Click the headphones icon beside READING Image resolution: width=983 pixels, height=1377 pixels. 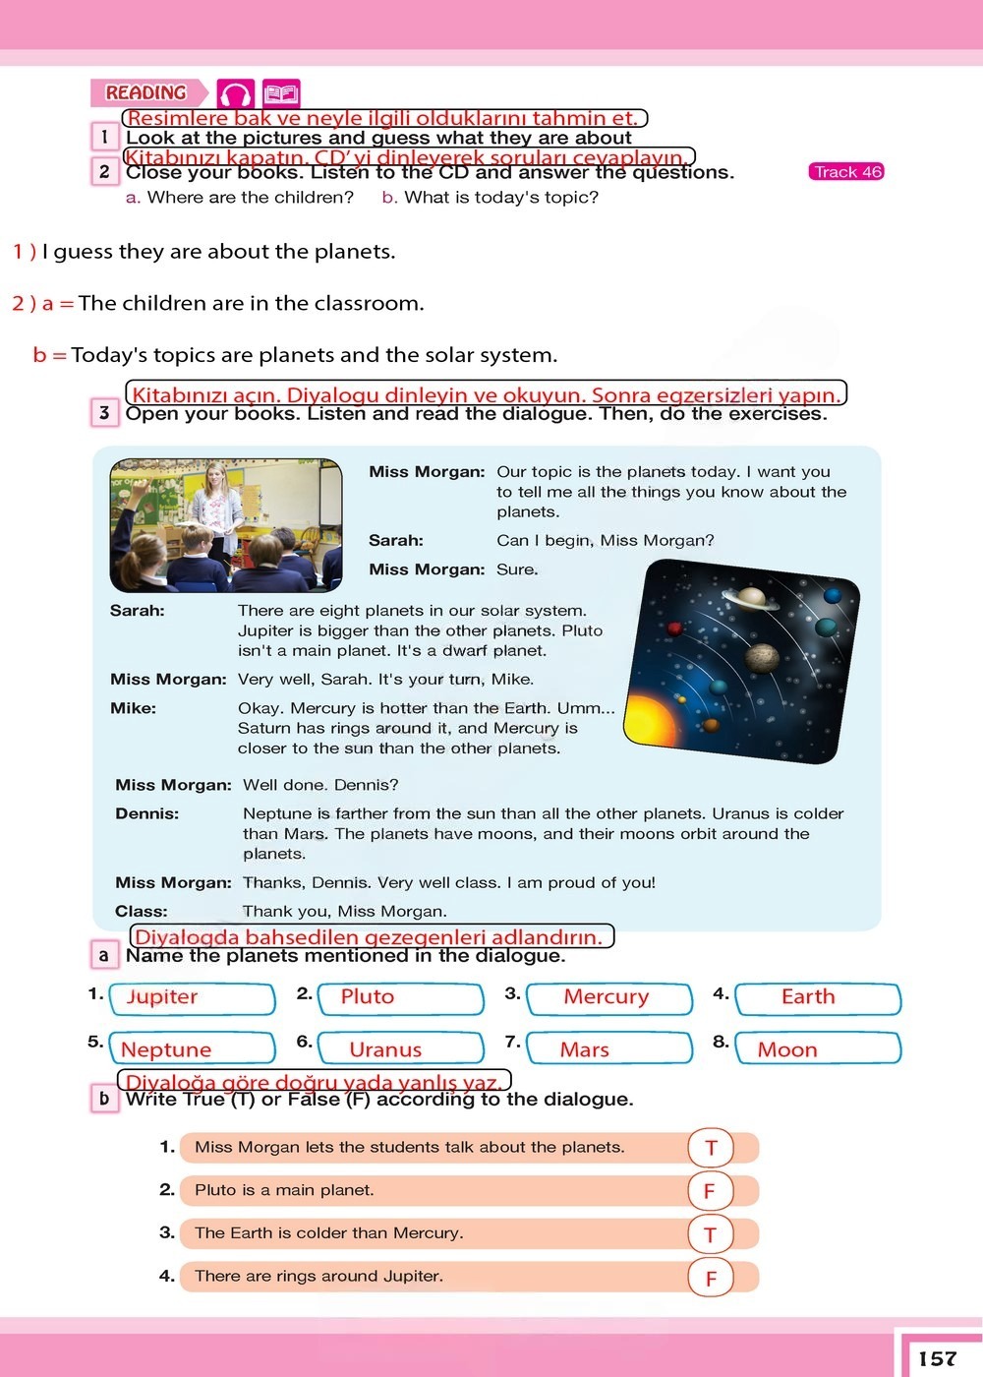tap(235, 93)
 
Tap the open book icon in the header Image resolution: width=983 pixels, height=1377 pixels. tap(281, 93)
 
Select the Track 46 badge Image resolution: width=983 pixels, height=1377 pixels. tap(846, 171)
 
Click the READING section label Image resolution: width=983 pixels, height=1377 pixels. tap(146, 92)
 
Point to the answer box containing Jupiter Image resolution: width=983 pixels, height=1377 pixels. tap(193, 998)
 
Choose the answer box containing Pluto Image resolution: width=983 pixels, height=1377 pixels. tap(401, 998)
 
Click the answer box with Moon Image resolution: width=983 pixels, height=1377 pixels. tap(818, 1048)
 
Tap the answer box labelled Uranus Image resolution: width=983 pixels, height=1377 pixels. tap(401, 1048)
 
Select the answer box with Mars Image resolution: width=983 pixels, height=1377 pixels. tap(609, 1048)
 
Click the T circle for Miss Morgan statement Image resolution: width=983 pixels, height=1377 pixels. tap(711, 1147)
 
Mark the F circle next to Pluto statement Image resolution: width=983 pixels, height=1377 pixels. tap(711, 1191)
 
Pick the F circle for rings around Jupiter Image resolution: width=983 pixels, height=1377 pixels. tap(711, 1278)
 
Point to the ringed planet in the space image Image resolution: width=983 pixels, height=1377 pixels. tap(751, 596)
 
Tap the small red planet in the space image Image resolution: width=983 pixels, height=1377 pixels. tap(674, 629)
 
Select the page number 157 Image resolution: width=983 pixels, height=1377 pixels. tap(938, 1358)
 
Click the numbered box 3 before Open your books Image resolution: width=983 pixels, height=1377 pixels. tap(104, 412)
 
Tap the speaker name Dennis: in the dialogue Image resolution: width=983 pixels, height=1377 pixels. tap(146, 813)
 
